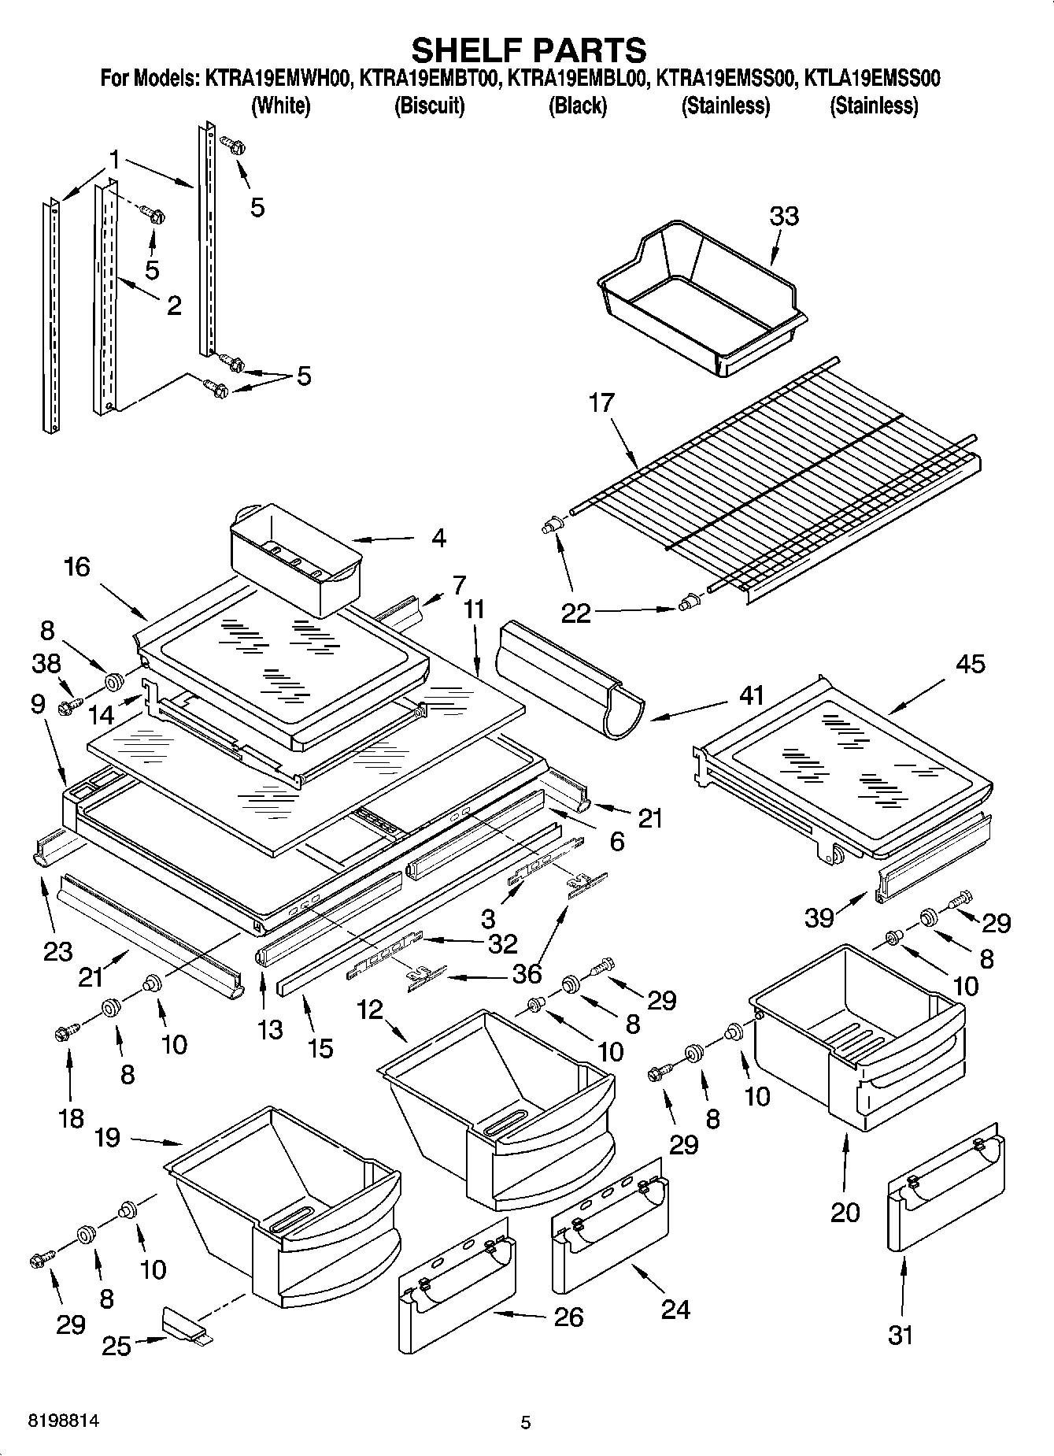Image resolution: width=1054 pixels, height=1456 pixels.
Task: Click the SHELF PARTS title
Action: tap(528, 49)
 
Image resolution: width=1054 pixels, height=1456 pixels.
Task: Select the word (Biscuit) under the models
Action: tap(429, 106)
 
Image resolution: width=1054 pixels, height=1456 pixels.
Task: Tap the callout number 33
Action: tap(784, 216)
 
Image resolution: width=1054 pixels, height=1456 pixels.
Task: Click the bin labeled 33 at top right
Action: tap(701, 299)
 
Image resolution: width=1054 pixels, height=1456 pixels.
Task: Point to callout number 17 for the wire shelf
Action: tap(601, 403)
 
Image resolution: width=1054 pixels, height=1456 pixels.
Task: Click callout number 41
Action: tap(752, 695)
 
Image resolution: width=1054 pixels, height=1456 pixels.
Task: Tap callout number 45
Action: tap(970, 664)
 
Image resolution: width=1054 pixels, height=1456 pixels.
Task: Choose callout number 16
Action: tap(76, 566)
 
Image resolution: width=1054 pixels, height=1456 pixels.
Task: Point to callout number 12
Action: tap(370, 1010)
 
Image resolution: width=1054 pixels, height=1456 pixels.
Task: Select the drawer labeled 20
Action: tap(858, 1039)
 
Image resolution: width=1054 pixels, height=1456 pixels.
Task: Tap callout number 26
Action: tap(568, 1316)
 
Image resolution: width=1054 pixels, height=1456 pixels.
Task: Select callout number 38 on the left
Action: tap(46, 664)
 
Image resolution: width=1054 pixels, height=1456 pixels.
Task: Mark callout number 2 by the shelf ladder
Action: tap(174, 305)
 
